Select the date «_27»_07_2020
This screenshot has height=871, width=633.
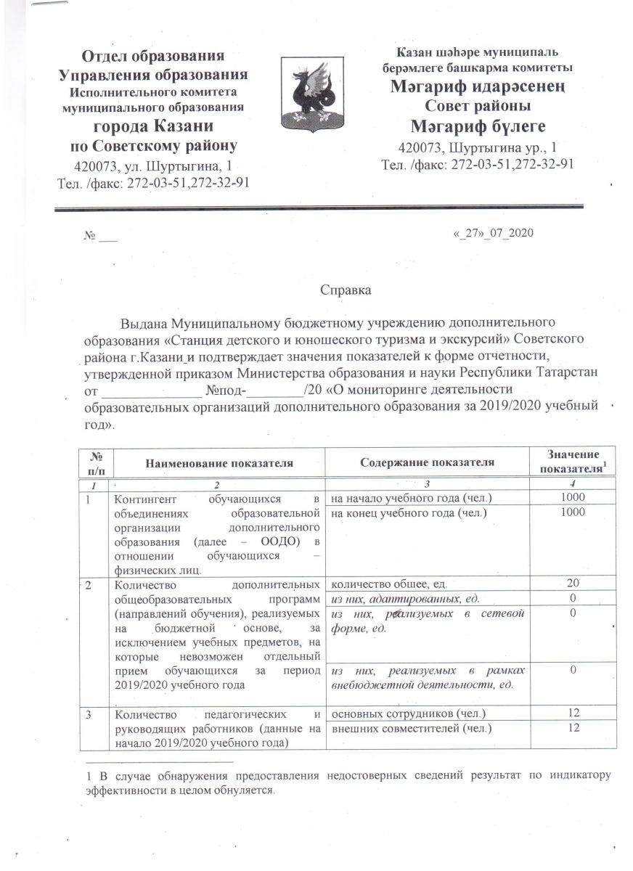click(493, 233)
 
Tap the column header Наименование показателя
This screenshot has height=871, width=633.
click(219, 462)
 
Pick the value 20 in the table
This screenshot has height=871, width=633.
click(573, 584)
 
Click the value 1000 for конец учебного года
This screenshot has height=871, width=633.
click(573, 512)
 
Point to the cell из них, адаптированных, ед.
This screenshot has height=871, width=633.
click(404, 599)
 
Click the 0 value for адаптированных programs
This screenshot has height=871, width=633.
click(573, 599)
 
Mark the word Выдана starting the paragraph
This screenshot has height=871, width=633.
click(140, 323)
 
